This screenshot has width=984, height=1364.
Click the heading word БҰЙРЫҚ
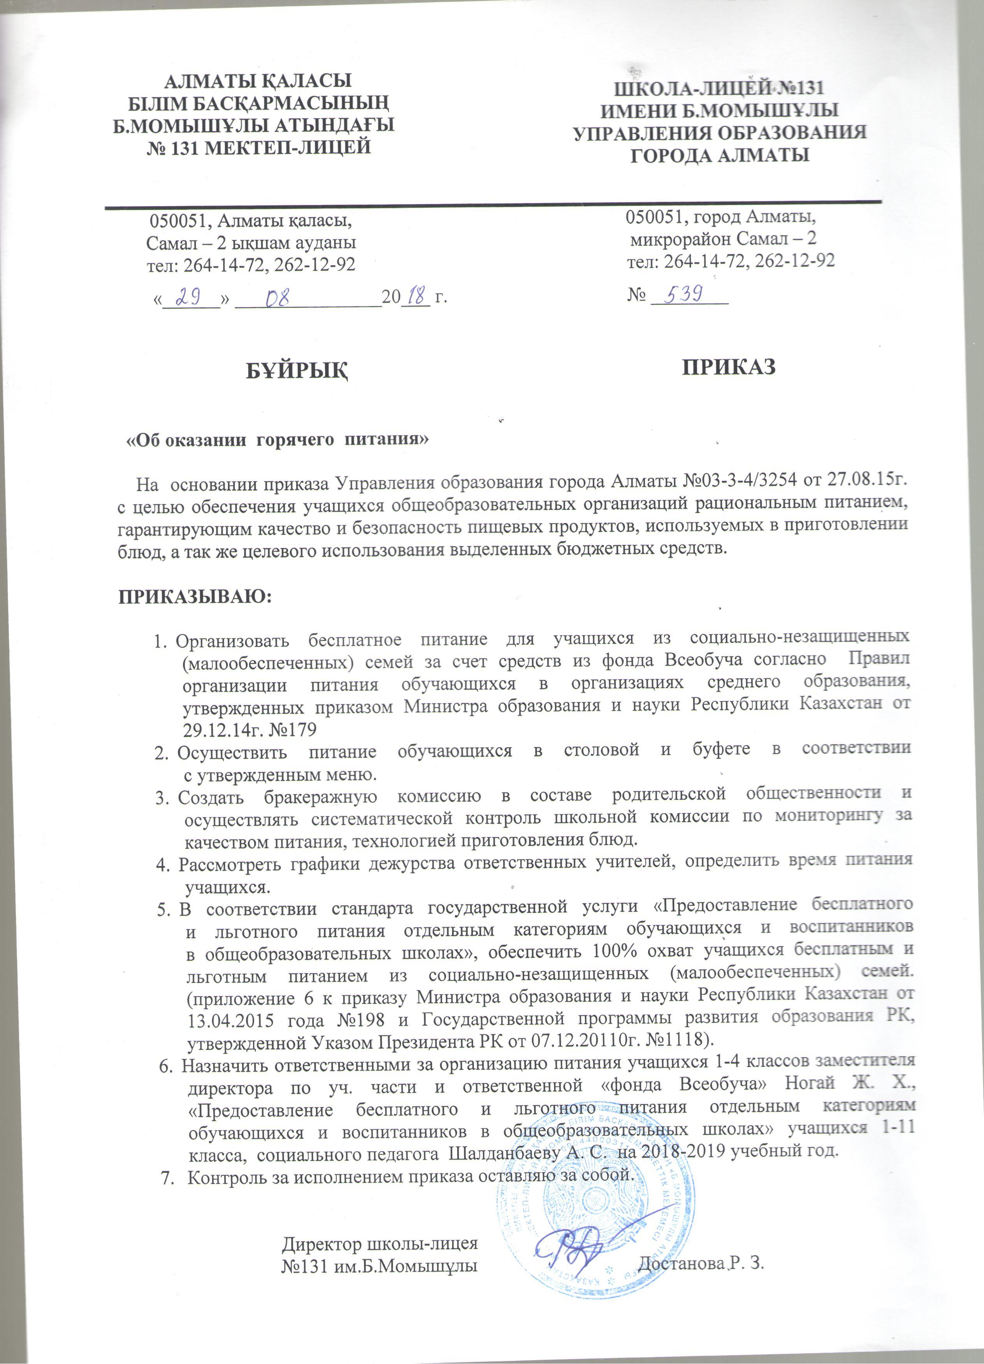tap(297, 371)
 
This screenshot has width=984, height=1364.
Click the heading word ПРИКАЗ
tap(728, 367)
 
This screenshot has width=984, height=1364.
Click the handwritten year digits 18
tap(415, 296)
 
